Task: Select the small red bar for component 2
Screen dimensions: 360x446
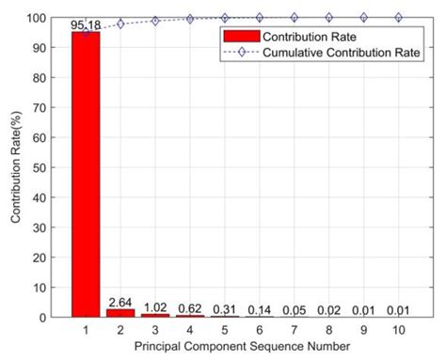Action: point(119,312)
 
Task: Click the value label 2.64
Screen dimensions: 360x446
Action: point(119,302)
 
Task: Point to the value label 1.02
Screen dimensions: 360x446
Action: point(155,306)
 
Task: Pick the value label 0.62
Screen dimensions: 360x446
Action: point(190,307)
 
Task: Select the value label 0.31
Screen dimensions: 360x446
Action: point(224,308)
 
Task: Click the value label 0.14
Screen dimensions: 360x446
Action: point(260,309)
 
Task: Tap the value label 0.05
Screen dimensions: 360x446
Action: point(295,309)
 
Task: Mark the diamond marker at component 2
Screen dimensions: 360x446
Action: point(120,23)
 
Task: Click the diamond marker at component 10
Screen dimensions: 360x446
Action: point(398,17)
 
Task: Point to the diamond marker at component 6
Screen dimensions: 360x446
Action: point(260,17)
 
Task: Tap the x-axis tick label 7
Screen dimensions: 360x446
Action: point(295,330)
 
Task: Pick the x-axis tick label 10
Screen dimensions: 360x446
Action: point(398,330)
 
